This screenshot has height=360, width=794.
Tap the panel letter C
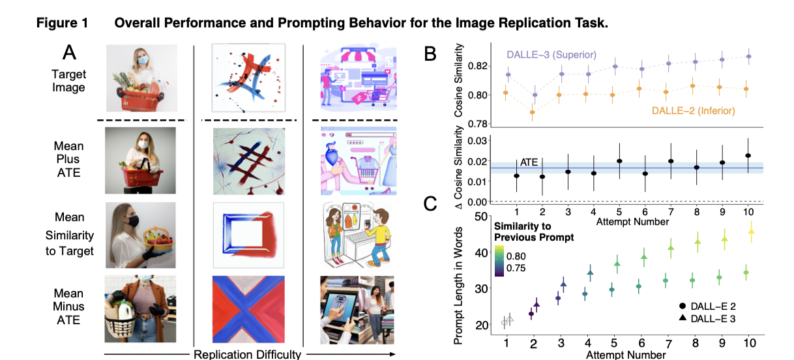point(431,205)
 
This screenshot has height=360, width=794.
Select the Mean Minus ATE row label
point(69,307)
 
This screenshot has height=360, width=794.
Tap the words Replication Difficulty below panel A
point(248,354)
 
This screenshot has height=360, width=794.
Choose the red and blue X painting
point(248,309)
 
